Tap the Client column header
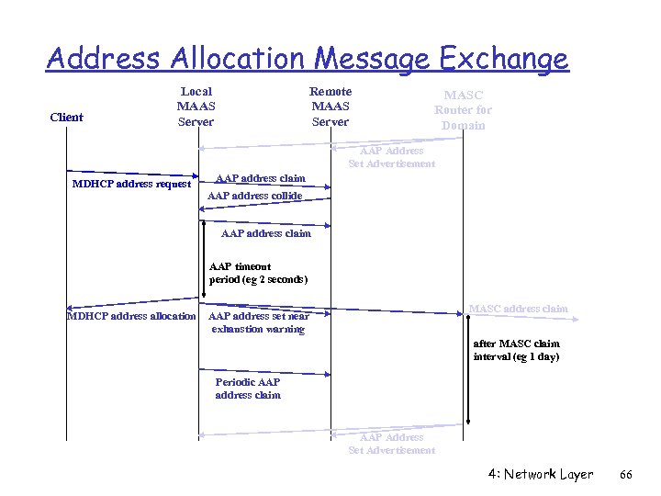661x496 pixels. point(66,117)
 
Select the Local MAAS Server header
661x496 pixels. point(196,106)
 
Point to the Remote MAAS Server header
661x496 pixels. point(330,106)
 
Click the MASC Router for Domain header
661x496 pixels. point(463,109)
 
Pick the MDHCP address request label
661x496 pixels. point(131,184)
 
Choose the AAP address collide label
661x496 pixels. point(254,196)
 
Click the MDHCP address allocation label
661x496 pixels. point(131,316)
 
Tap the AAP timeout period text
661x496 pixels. point(258,273)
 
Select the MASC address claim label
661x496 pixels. point(518,309)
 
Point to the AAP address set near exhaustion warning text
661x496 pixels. point(259,322)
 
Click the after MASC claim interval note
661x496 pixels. point(516,350)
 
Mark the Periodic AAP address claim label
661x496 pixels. point(248,389)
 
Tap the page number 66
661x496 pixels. point(627,475)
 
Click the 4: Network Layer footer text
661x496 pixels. point(541,475)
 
